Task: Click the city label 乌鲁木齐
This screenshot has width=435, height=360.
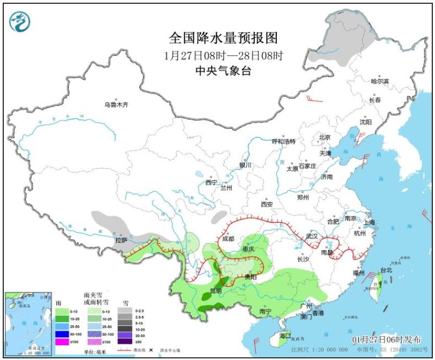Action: pos(116,104)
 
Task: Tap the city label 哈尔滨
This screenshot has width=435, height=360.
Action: pos(379,82)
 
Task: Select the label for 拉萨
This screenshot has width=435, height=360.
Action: pos(121,240)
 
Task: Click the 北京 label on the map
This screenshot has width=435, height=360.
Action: pos(324,137)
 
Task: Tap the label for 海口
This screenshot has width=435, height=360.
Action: pos(284,335)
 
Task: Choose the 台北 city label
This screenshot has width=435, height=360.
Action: pos(386,270)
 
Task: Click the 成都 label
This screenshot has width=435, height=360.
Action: pos(228,239)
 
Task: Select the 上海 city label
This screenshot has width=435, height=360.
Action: pos(369,222)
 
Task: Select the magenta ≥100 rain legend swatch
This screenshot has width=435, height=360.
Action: pos(62,342)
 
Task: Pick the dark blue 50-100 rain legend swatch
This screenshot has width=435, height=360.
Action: pos(62,334)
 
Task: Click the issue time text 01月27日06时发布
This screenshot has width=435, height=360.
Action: pos(387,340)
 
